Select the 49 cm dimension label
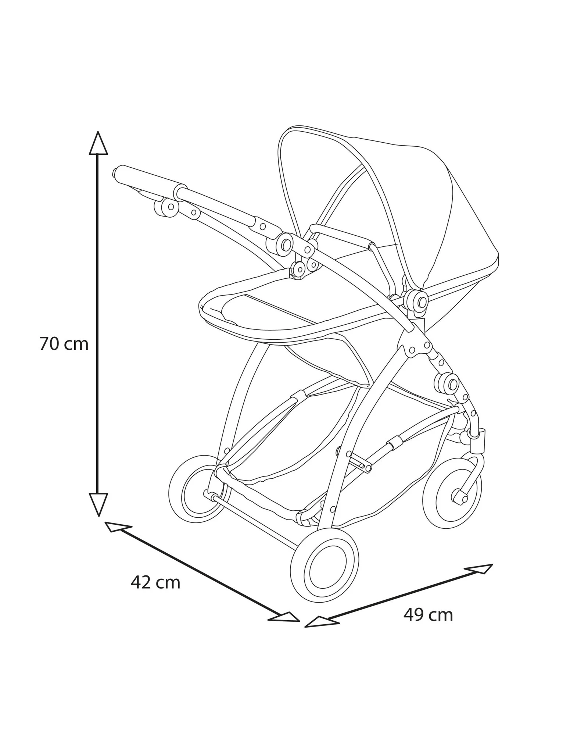click(x=428, y=615)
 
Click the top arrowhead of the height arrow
click(x=98, y=144)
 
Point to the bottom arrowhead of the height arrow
click(x=98, y=503)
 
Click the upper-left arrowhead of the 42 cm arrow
click(x=117, y=527)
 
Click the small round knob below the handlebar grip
click(x=166, y=207)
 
